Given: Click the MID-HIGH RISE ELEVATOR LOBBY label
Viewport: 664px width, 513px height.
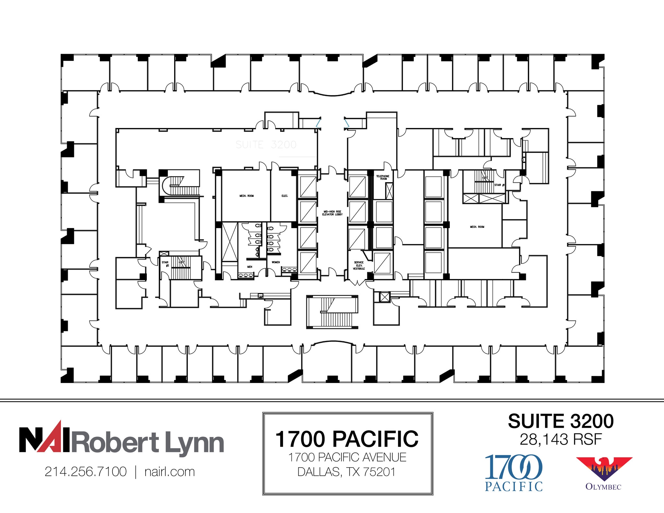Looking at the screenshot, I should point(332,213).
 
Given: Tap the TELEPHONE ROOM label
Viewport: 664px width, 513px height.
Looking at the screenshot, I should point(383,177).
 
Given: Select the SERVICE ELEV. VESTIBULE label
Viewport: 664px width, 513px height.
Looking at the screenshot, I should point(359,265).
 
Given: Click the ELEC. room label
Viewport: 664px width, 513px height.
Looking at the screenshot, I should point(285,196).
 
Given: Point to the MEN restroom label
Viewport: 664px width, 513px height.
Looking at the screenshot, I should point(250,267).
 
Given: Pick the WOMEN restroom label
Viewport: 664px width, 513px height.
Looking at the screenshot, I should point(276,262).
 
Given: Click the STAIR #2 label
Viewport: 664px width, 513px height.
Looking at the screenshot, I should point(165,264).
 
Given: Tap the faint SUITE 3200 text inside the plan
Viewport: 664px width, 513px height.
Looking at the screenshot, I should point(266,145).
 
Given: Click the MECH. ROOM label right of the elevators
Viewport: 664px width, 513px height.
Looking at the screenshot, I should point(477,227).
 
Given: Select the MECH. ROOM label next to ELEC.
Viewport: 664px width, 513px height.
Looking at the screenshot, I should point(246,196).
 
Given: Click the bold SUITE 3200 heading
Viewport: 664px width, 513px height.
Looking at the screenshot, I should point(561,421).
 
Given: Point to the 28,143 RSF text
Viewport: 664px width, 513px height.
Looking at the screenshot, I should point(561,439).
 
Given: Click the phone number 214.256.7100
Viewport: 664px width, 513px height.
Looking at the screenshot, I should point(86,472).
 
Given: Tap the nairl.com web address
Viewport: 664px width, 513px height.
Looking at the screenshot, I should point(170,472).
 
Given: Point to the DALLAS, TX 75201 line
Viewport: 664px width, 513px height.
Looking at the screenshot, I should point(347,472).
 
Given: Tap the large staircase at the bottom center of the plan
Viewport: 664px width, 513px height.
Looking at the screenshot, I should point(332,312).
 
